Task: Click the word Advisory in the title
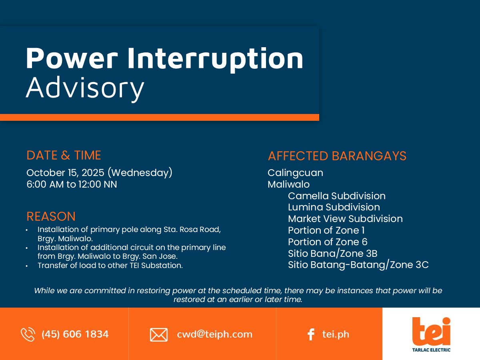(85, 88)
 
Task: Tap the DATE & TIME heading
(64, 155)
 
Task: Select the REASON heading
(51, 216)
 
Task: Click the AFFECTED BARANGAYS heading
(337, 156)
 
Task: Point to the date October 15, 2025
(65, 173)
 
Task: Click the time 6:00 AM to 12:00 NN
(72, 184)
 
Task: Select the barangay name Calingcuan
(295, 173)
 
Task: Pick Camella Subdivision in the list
(336, 196)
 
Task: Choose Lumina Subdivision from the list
(334, 207)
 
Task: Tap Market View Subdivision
(345, 219)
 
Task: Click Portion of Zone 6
(328, 242)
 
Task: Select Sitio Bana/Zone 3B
(333, 254)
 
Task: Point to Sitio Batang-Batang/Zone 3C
(358, 265)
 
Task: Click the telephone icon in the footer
(28, 334)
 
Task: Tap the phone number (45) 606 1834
(75, 334)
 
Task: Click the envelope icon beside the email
(159, 335)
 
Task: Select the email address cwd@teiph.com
(214, 334)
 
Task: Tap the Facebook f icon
(311, 335)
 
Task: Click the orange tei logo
(431, 332)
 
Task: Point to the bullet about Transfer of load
(110, 265)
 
